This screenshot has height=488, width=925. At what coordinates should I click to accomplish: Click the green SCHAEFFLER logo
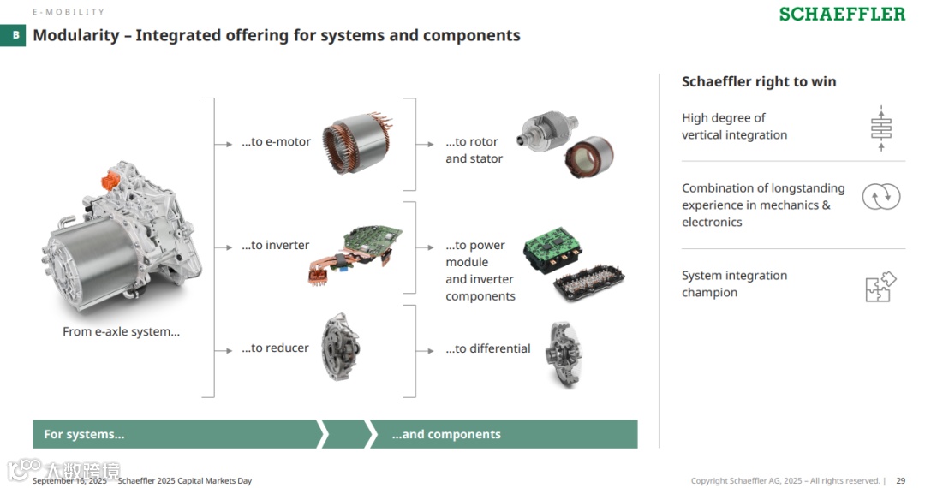pyautogui.click(x=841, y=15)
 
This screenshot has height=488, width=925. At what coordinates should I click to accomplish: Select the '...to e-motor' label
pyautogui.click(x=276, y=142)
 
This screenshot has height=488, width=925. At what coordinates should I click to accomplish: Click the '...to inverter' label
pyautogui.click(x=275, y=246)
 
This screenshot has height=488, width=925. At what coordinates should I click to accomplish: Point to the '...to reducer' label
pyautogui.click(x=274, y=348)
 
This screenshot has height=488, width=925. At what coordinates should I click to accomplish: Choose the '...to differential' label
pyautogui.click(x=488, y=348)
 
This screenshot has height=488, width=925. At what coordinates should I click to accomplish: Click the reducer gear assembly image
pyautogui.click(x=340, y=348)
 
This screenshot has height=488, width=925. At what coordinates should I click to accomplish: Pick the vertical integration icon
pyautogui.click(x=880, y=128)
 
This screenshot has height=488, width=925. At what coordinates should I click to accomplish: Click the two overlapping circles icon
pyautogui.click(x=880, y=197)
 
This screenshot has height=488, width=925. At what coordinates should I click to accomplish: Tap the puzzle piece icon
pyautogui.click(x=880, y=287)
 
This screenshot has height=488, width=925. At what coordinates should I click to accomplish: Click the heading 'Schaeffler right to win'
pyautogui.click(x=759, y=82)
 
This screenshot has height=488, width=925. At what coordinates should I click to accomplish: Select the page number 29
pyautogui.click(x=901, y=481)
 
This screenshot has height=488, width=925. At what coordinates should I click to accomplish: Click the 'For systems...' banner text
pyautogui.click(x=84, y=435)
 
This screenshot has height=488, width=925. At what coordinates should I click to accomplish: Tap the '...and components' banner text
pyautogui.click(x=446, y=435)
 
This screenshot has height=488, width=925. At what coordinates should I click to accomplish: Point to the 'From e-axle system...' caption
pyautogui.click(x=121, y=332)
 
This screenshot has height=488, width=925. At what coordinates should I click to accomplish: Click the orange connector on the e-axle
pyautogui.click(x=110, y=182)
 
